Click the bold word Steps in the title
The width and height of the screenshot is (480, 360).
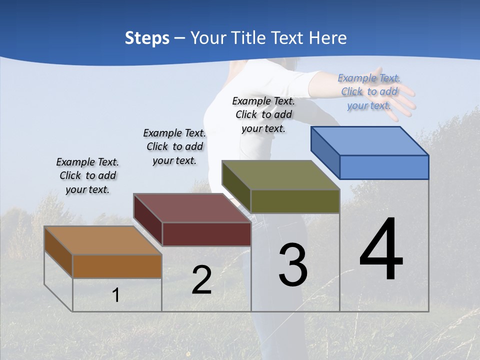[147, 38]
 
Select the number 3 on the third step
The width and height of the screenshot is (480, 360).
[293, 265]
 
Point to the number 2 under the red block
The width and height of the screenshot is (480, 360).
[201, 280]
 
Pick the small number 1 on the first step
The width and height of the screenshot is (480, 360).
[115, 295]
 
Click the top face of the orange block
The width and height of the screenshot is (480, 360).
[102, 240]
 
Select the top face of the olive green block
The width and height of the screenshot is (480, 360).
[280, 175]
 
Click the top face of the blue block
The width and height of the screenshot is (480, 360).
[369, 141]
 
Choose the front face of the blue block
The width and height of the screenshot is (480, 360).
[384, 167]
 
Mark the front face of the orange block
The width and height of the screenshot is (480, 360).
[117, 266]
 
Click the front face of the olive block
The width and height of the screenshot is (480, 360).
[295, 201]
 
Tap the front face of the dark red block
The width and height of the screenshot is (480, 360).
[206, 234]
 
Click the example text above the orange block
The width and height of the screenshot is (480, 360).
[87, 176]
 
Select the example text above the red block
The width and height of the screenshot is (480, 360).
[174, 146]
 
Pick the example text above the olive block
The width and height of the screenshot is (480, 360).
[263, 114]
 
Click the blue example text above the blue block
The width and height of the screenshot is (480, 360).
[369, 91]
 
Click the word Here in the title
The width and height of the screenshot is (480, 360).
[328, 38]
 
